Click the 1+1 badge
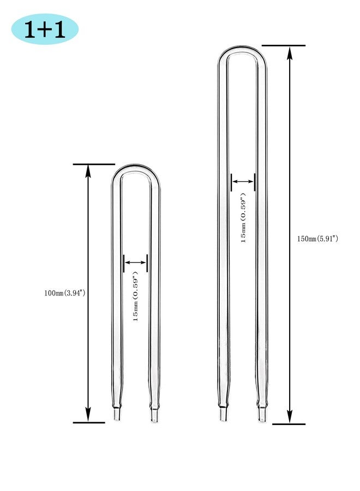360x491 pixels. (x=45, y=29)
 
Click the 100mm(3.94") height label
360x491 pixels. (x=65, y=293)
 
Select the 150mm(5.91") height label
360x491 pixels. (x=317, y=238)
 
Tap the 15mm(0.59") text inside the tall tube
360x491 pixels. (x=243, y=217)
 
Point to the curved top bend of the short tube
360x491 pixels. (x=136, y=168)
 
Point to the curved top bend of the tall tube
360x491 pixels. (x=243, y=50)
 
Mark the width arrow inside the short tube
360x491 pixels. (x=136, y=262)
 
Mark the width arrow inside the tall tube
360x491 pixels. (x=243, y=182)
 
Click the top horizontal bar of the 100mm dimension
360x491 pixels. (x=94, y=164)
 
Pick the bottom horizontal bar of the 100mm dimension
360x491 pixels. (x=89, y=422)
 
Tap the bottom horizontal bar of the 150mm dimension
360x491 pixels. (x=289, y=423)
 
